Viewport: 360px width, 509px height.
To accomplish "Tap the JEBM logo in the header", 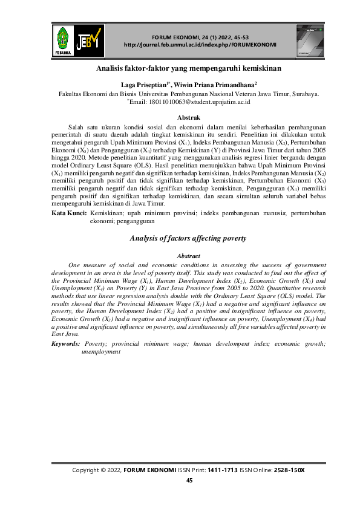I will (90, 39).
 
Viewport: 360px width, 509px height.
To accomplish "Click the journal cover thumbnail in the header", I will (310, 40).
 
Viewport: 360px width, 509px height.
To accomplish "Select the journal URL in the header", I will (200, 45).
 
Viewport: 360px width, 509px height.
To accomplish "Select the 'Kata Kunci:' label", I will (68, 213).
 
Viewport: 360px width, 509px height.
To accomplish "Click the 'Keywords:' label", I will (66, 343).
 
